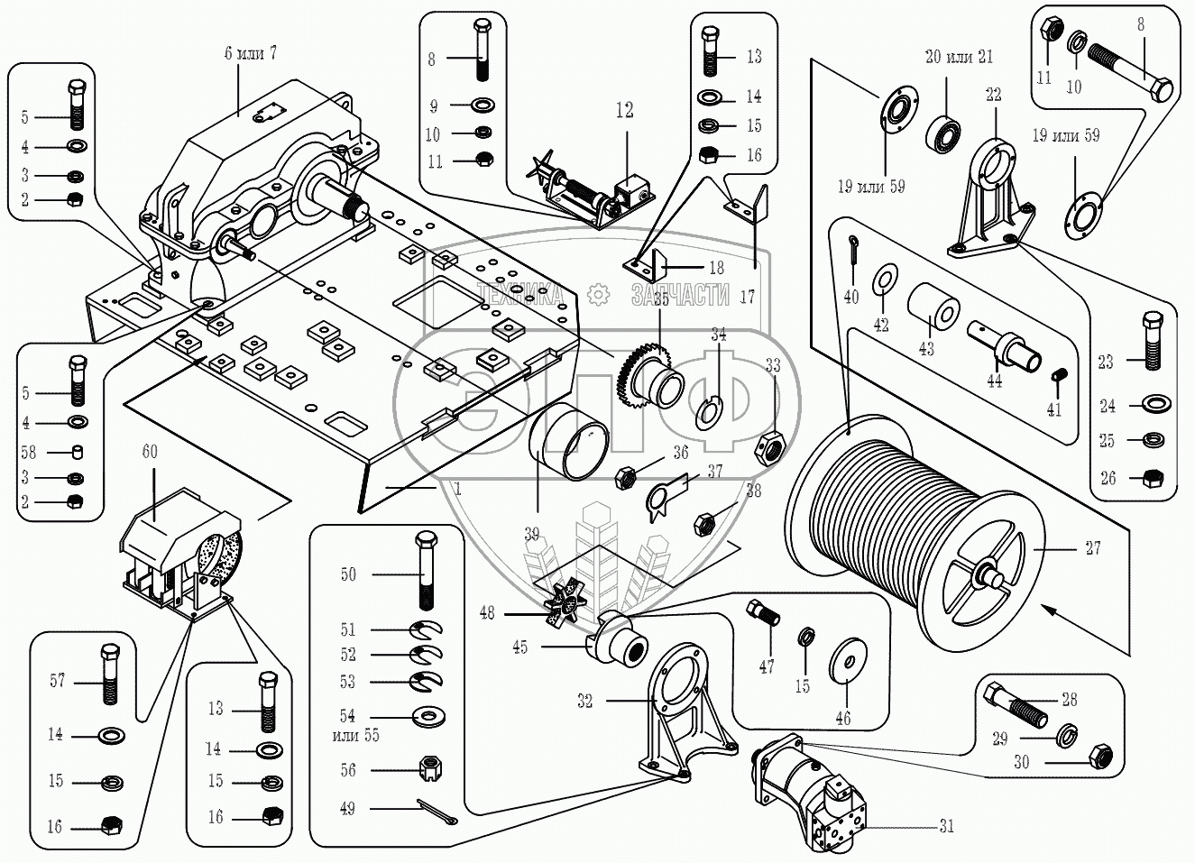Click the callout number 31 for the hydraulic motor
pyautogui.click(x=946, y=825)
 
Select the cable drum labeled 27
pyautogui.click(x=911, y=523)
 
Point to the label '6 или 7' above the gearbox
pyautogui.click(x=251, y=53)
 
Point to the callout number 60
pyautogui.click(x=150, y=451)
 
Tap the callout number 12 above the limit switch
pyautogui.click(x=625, y=110)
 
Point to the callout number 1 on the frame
pyautogui.click(x=457, y=488)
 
